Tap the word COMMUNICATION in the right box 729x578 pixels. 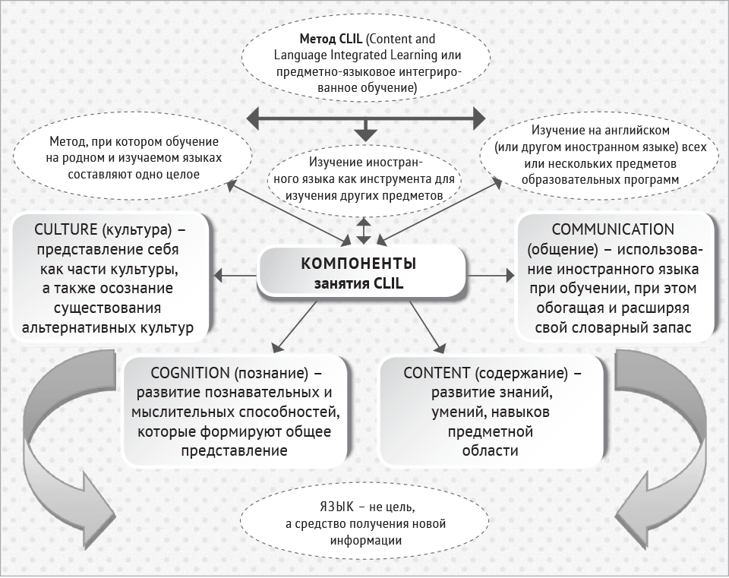pos(613,229)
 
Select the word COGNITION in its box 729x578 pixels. pos(191,373)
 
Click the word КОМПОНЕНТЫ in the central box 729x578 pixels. pos(358,264)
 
